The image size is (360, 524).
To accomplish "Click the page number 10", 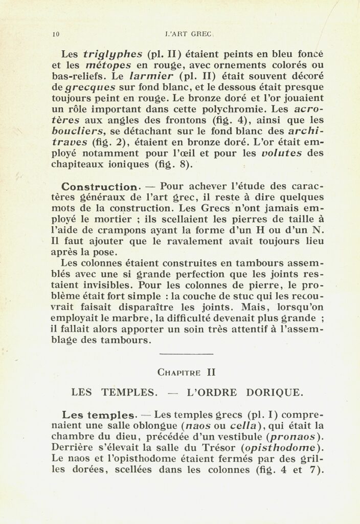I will [x=56, y=35].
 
